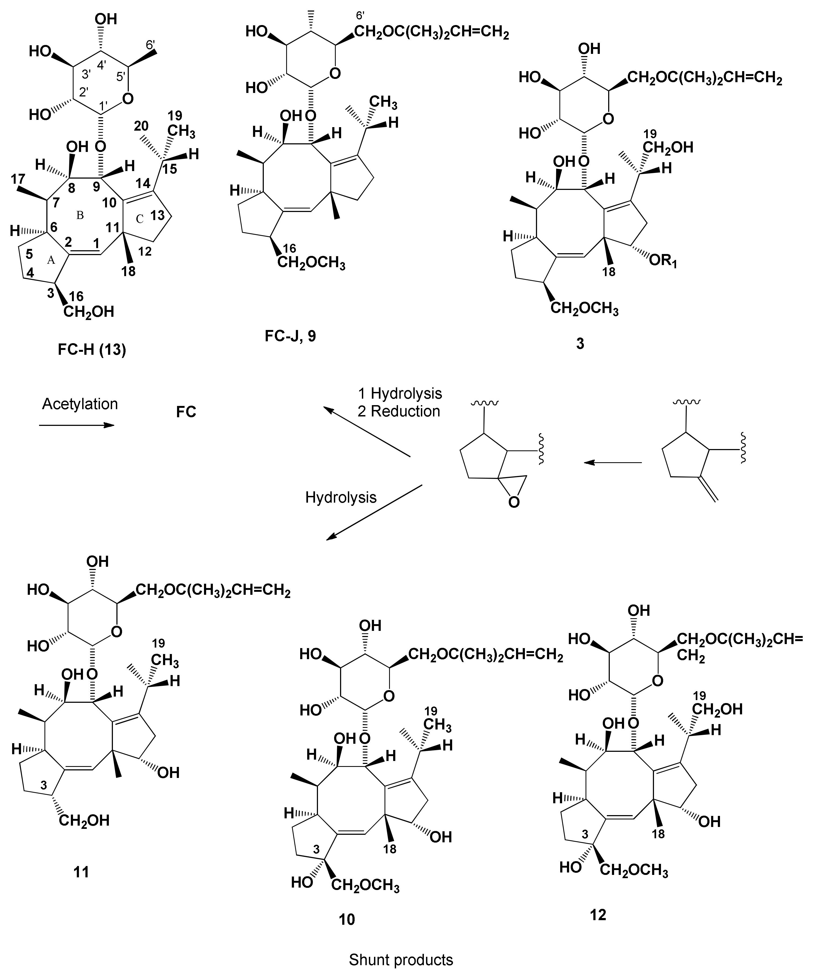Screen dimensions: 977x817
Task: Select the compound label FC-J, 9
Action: click(290, 335)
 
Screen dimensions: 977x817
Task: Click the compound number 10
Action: click(347, 919)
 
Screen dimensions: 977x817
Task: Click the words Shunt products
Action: click(401, 960)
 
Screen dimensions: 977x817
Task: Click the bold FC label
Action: click(186, 412)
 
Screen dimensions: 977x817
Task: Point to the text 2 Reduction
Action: click(399, 411)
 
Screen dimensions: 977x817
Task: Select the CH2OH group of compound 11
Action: click(84, 820)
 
